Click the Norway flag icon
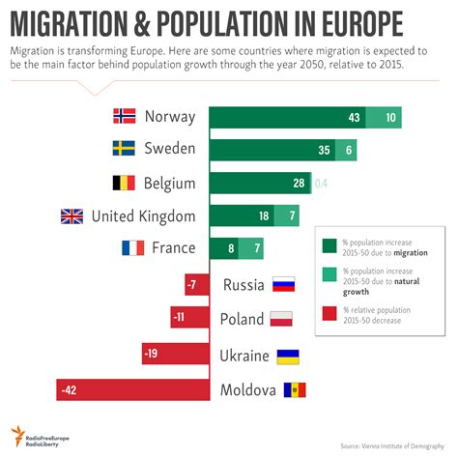click(x=124, y=116)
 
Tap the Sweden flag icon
click(x=124, y=150)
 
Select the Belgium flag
click(x=124, y=184)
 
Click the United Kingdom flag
click(x=72, y=215)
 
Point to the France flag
click(x=132, y=248)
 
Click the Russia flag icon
click(x=283, y=285)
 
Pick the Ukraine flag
click(x=288, y=356)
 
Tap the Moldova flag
click(x=293, y=390)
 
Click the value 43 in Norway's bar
click(x=355, y=117)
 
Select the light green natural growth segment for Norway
click(x=386, y=117)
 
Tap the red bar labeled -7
click(x=198, y=285)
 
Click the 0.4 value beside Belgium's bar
click(x=321, y=184)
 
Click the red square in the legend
click(x=329, y=314)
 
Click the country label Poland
click(x=242, y=320)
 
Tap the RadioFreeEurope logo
click(x=43, y=435)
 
